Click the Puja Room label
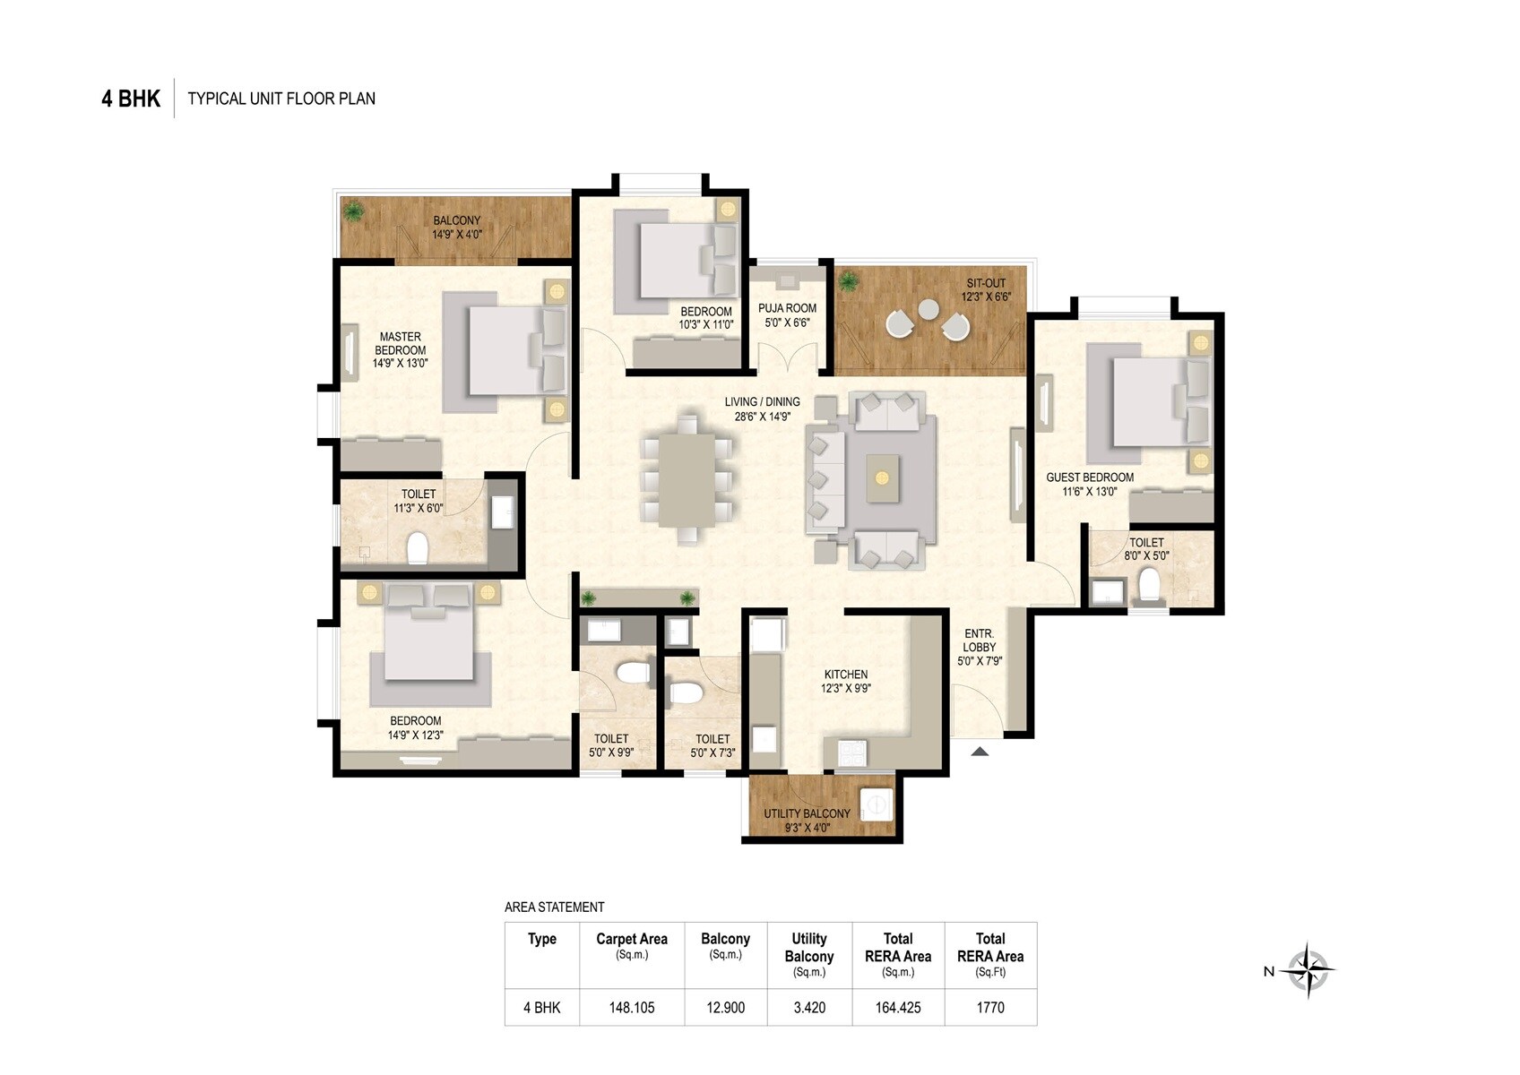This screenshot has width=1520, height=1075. pyautogui.click(x=787, y=314)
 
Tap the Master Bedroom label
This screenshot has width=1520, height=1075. pyautogui.click(x=400, y=349)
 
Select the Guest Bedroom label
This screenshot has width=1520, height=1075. pyautogui.click(x=1089, y=484)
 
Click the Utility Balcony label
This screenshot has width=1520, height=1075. pyautogui.click(x=806, y=820)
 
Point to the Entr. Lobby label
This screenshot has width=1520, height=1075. pyautogui.click(x=979, y=647)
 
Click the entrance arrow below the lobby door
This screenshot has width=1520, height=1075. pyautogui.click(x=980, y=752)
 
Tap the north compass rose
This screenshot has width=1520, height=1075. pyautogui.click(x=1308, y=970)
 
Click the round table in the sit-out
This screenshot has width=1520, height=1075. pyautogui.click(x=928, y=309)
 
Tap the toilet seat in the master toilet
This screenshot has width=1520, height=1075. pyautogui.click(x=418, y=548)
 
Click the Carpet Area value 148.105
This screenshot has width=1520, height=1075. pyautogui.click(x=632, y=1008)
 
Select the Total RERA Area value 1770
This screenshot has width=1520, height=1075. pyautogui.click(x=989, y=1008)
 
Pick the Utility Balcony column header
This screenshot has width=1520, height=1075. pyautogui.click(x=808, y=954)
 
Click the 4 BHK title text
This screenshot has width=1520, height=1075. pyautogui.click(x=131, y=99)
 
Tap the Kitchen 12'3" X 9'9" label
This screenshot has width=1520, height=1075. pyautogui.click(x=845, y=682)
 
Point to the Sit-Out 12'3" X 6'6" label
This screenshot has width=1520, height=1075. pyautogui.click(x=985, y=289)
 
